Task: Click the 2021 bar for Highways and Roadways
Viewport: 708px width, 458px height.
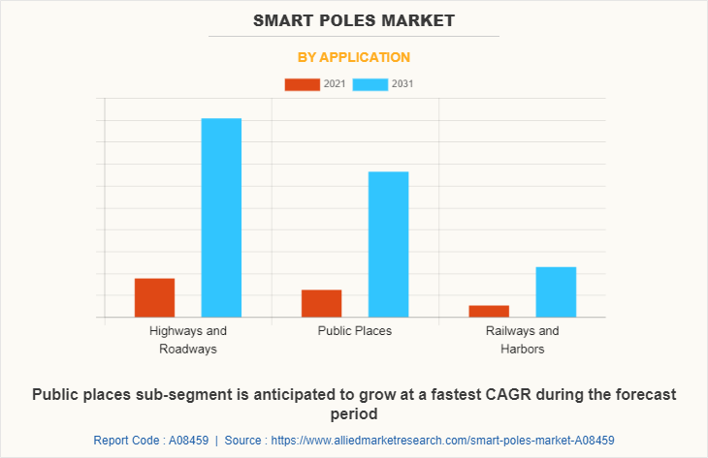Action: [154, 297]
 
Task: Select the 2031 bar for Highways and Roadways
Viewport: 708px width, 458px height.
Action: [221, 217]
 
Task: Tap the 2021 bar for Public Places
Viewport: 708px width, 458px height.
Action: [321, 303]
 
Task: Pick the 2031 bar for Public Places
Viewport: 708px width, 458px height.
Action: [388, 244]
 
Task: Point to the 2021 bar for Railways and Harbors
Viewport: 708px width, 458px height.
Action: [489, 311]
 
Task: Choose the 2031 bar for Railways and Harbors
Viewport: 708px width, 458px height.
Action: [556, 291]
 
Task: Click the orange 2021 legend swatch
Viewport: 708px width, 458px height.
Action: [302, 84]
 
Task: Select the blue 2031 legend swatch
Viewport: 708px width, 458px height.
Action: [370, 84]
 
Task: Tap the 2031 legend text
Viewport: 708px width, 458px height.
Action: [402, 84]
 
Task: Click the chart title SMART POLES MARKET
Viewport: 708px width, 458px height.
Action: [353, 19]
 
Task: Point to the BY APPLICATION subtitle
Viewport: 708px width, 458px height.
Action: [353, 57]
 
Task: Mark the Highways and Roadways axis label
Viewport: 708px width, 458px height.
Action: [188, 339]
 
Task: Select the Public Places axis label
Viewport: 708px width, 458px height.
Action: [355, 331]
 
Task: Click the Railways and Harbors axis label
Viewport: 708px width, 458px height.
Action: [522, 339]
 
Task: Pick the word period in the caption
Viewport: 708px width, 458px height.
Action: [354, 413]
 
